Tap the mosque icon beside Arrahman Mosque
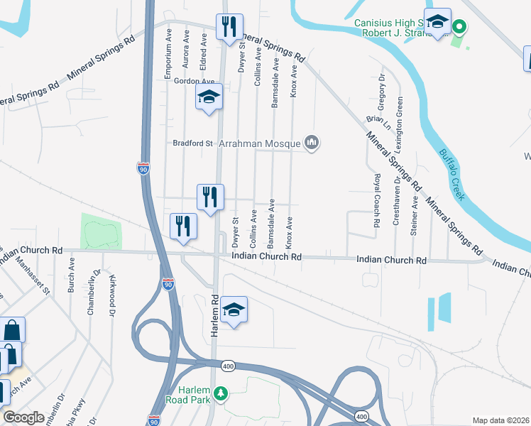point(312,143)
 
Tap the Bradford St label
point(193,143)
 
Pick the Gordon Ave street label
point(194,82)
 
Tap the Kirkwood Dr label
point(111,295)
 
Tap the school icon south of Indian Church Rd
point(234,310)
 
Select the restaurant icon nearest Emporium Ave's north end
point(229,27)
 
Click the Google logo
point(24,417)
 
